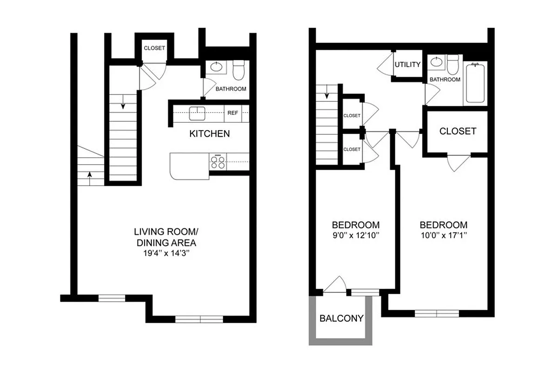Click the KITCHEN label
(x=209, y=134)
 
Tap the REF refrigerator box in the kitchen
(x=233, y=113)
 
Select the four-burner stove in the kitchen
(x=217, y=161)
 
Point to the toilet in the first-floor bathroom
(x=238, y=71)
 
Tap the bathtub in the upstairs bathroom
(x=475, y=83)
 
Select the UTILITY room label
(x=407, y=65)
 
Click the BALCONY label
(x=341, y=319)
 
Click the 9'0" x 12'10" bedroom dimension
(x=356, y=235)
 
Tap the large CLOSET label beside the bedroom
(x=458, y=131)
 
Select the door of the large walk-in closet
(x=458, y=162)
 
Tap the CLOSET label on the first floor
(x=154, y=48)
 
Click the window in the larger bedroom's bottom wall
(x=436, y=313)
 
